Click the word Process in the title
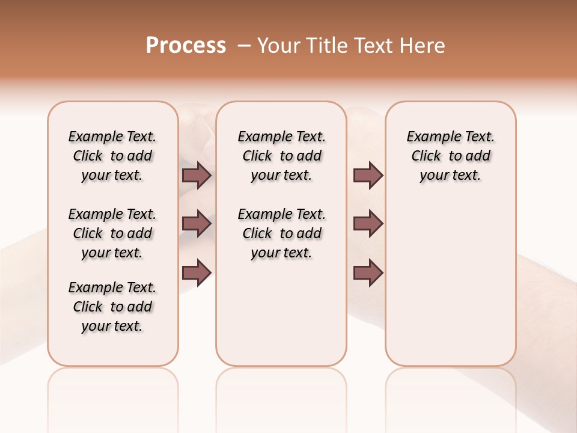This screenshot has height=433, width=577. tap(186, 46)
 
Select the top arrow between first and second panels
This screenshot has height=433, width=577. tap(197, 175)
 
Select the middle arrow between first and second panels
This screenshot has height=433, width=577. tap(197, 224)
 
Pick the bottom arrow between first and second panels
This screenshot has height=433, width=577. tap(197, 272)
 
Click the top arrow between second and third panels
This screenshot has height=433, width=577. tap(368, 175)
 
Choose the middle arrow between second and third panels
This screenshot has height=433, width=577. tap(368, 224)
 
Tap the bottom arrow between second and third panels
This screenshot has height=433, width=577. tap(368, 272)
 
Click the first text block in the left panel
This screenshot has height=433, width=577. tap(112, 156)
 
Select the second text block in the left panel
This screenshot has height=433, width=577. tap(112, 233)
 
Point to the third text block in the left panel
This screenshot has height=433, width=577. tap(112, 307)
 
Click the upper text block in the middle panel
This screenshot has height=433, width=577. tap(281, 156)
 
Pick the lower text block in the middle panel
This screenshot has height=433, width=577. tap(281, 233)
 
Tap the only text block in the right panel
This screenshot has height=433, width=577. tap(450, 156)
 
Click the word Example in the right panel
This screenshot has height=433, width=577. tap(429, 137)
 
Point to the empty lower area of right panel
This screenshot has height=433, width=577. tap(450, 283)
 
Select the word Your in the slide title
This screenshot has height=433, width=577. tap(279, 46)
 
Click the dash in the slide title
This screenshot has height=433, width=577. tap(244, 46)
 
